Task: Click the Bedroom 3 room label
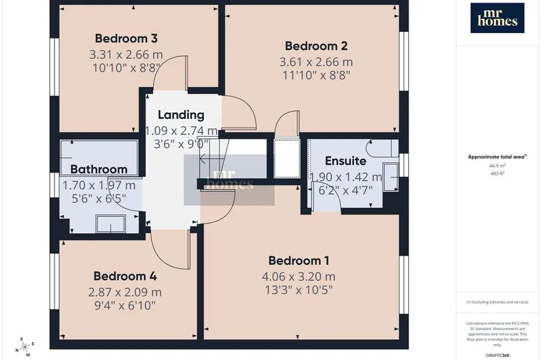tap(126, 39)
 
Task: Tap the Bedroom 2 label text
tap(316, 46)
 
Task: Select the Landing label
tap(181, 115)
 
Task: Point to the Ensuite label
tap(346, 161)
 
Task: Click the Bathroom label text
tap(99, 169)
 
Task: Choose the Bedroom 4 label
tap(125, 276)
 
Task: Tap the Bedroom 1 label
tap(299, 260)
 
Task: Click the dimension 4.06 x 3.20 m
tap(299, 276)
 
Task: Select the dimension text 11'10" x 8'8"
tap(316, 75)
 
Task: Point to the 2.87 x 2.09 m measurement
tap(125, 292)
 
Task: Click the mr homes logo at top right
tap(497, 18)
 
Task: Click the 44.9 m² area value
tap(497, 165)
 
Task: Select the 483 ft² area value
tap(497, 173)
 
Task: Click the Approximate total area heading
tap(497, 157)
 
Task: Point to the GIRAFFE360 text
tap(497, 355)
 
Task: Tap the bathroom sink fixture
tap(111, 224)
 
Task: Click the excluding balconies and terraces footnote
tap(497, 302)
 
